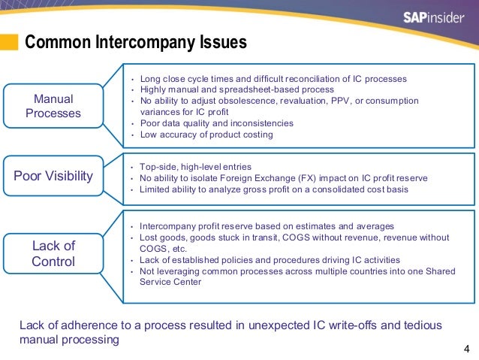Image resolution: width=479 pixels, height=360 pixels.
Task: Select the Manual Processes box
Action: click(x=53, y=106)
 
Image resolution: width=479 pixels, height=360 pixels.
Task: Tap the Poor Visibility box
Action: click(x=53, y=176)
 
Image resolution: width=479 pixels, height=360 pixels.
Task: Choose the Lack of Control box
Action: click(x=53, y=253)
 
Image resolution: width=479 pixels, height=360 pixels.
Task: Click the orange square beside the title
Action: click(x=9, y=42)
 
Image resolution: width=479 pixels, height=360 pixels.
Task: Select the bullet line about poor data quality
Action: click(x=216, y=123)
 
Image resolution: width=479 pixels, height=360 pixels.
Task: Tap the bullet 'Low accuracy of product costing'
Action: click(x=206, y=135)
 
